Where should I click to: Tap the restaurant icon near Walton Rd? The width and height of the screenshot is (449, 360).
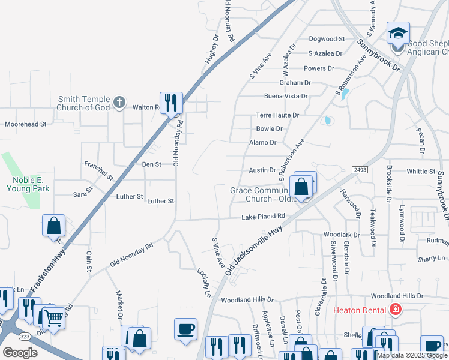click(172, 103)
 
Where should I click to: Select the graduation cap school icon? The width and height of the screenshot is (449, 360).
click(398, 33)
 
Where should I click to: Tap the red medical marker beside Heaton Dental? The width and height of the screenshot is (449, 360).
click(395, 310)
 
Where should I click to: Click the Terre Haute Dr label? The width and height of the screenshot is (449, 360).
click(277, 115)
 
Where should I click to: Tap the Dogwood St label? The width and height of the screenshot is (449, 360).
click(327, 39)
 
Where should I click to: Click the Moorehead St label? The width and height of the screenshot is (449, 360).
click(25, 124)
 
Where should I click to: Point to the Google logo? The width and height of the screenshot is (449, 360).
click(20, 353)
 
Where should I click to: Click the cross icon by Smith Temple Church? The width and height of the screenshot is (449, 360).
click(119, 103)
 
